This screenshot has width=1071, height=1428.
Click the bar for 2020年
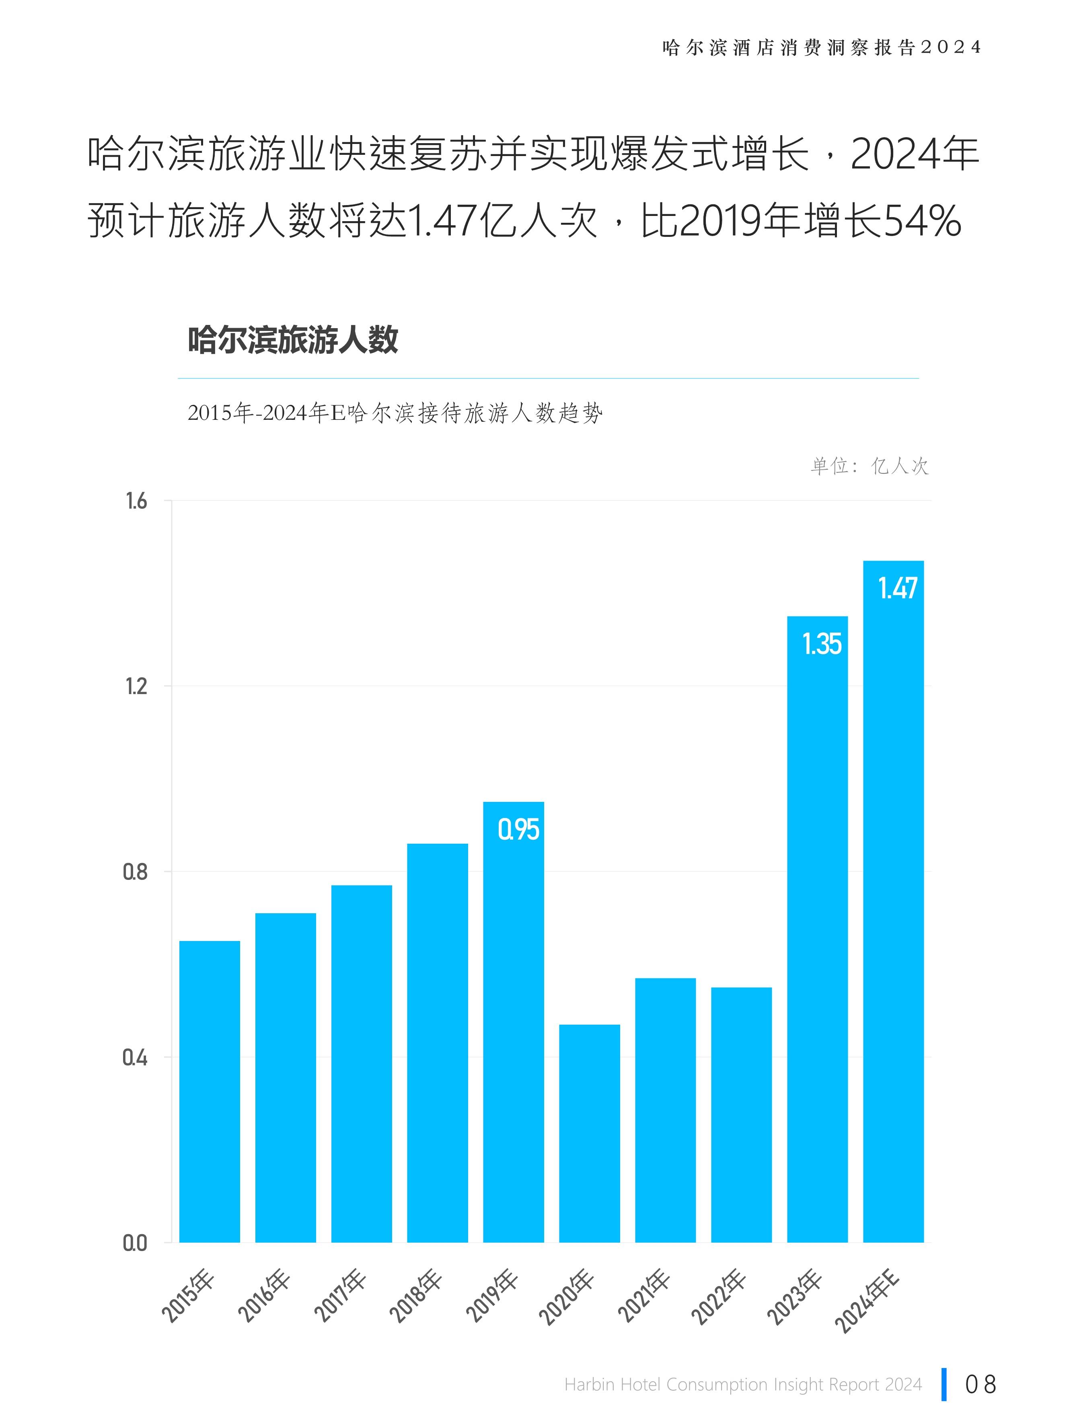pyautogui.click(x=590, y=1133)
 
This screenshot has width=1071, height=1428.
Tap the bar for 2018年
pyautogui.click(x=437, y=1043)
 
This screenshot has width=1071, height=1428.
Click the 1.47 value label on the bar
pyautogui.click(x=897, y=588)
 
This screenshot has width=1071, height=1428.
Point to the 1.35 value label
pyautogui.click(x=821, y=644)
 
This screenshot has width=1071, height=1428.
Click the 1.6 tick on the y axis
pyautogui.click(x=136, y=501)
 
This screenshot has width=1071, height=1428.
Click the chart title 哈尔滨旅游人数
pyautogui.click(x=293, y=340)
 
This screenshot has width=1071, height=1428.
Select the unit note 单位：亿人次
pyautogui.click(x=869, y=466)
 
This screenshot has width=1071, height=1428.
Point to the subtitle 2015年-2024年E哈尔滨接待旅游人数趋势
pyautogui.click(x=395, y=413)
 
